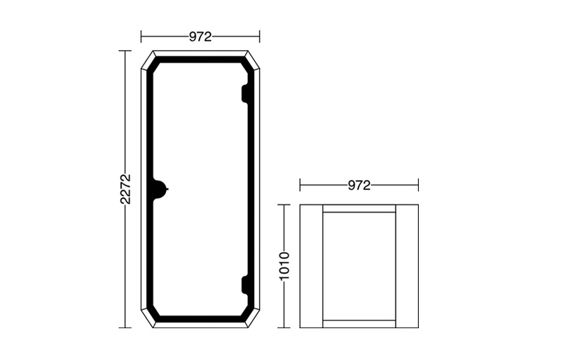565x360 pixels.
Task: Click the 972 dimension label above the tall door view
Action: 200,37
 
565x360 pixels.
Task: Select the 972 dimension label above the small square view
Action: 359,186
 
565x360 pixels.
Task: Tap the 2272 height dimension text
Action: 126,188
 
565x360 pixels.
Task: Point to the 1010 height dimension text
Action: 284,266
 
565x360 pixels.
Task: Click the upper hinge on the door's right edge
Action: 245,93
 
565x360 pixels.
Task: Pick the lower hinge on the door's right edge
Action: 245,284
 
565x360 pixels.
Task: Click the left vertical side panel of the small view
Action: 311,266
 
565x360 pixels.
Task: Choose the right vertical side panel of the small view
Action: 407,266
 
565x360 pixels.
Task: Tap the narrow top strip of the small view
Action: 359,209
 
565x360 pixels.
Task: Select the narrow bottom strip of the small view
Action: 359,324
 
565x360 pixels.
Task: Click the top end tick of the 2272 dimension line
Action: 126,51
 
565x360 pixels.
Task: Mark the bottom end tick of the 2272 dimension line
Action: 126,328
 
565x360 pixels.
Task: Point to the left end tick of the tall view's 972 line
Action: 141,37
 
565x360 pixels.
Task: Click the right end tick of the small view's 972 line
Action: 418,186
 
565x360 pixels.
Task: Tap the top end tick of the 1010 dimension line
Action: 284,205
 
